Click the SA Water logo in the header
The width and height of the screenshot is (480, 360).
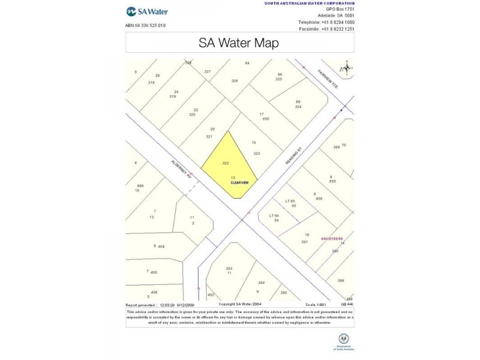[x=147, y=11]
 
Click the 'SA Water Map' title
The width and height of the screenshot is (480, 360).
[x=239, y=43]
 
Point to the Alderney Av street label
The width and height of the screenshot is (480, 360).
[x=181, y=170]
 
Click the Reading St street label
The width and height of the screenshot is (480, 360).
[x=292, y=158]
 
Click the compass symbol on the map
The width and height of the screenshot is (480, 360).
[x=345, y=68]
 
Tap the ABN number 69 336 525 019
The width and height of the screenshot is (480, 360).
[x=145, y=25]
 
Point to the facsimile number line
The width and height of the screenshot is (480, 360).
[x=326, y=29]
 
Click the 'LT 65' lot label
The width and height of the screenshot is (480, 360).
[x=290, y=201]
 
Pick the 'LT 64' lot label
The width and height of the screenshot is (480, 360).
[x=274, y=215]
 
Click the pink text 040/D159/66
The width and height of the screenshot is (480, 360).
[x=332, y=238]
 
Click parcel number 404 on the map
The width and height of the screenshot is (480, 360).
[x=161, y=246]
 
